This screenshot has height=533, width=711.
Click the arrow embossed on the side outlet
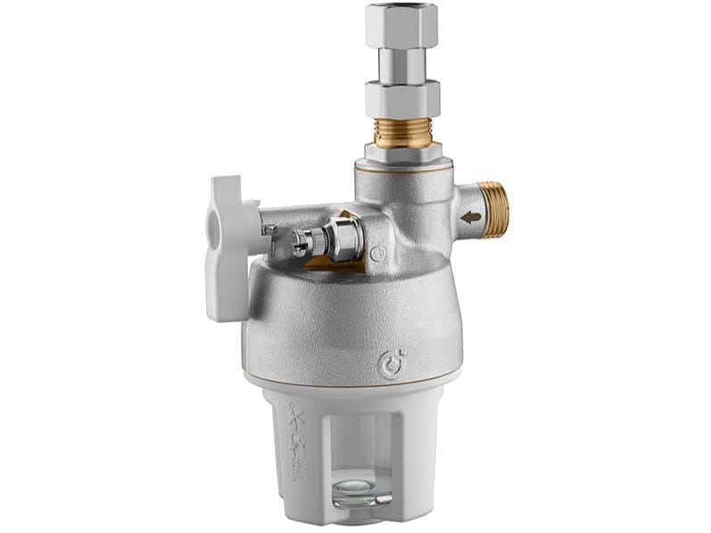coord(471,216)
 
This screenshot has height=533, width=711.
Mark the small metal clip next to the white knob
coord(267,231)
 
